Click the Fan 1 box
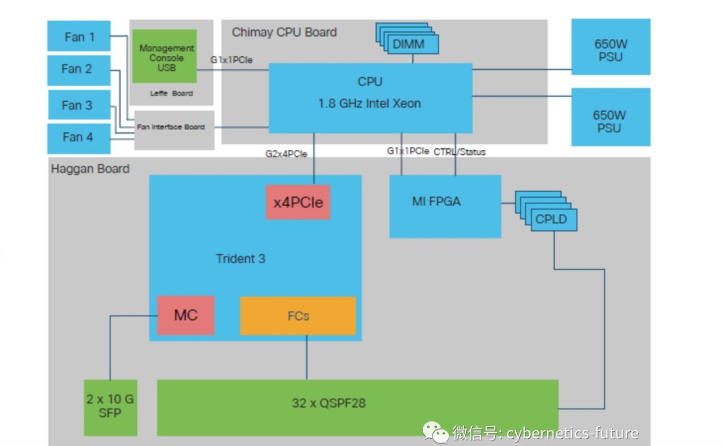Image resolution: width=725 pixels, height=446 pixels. click(x=79, y=36)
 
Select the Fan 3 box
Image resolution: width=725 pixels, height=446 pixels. click(x=79, y=105)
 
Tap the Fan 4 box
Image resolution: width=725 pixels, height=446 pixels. click(x=79, y=138)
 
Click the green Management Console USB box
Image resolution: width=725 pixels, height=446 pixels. click(x=165, y=56)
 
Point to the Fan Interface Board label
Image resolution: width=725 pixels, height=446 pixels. click(x=171, y=127)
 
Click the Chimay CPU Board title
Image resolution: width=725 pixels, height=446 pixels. click(x=284, y=32)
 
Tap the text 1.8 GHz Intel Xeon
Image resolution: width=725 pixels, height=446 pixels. click(x=369, y=104)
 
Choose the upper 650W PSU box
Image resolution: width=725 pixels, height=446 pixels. click(x=611, y=47)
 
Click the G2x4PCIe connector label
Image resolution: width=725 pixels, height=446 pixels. click(x=286, y=154)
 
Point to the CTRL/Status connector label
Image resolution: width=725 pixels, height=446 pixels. click(x=460, y=152)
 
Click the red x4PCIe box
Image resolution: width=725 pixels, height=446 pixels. click(x=298, y=202)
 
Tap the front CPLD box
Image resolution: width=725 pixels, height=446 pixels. click(x=553, y=220)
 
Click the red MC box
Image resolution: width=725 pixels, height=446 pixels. click(x=186, y=315)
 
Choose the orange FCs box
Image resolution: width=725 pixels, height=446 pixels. click(x=298, y=316)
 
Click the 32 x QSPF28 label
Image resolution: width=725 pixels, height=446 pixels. click(x=329, y=403)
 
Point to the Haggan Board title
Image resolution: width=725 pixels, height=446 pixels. click(x=90, y=169)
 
